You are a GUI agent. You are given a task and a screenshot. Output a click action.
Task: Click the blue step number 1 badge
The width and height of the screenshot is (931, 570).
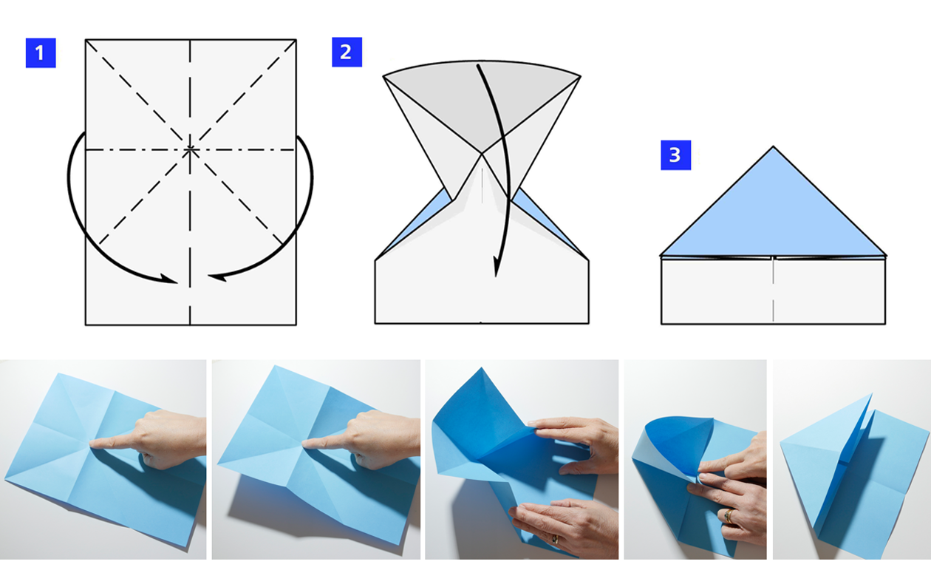point(41,53)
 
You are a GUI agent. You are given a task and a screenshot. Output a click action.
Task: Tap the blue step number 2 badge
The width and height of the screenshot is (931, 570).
point(347,52)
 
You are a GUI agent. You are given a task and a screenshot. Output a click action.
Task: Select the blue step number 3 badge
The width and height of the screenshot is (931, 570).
point(675,155)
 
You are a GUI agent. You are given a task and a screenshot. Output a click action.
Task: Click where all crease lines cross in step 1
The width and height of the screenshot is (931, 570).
point(191,149)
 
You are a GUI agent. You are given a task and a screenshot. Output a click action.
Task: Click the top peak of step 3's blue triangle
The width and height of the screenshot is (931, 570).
point(774,148)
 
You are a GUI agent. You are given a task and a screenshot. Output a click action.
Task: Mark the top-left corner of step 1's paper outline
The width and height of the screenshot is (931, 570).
point(86,40)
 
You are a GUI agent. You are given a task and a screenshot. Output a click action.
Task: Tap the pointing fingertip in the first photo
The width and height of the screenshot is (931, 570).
point(92,444)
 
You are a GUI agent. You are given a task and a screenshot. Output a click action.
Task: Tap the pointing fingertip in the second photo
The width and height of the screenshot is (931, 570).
point(305,444)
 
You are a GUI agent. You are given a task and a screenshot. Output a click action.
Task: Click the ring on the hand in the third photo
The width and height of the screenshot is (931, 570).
point(553,540)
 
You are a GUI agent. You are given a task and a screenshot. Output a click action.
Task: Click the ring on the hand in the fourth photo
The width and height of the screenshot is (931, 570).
point(728,515)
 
